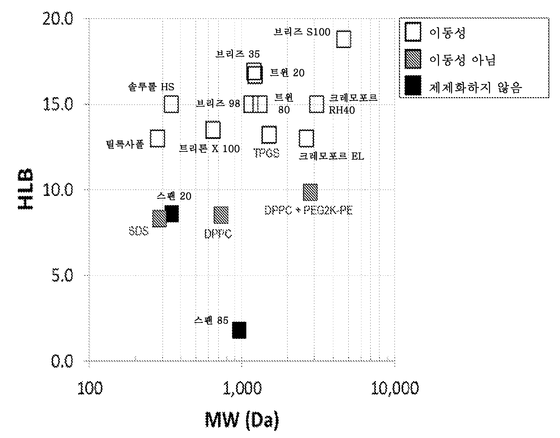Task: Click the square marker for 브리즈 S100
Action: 343,39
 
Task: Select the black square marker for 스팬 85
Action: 239,330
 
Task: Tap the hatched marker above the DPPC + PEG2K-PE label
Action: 310,192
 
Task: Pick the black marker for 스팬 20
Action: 172,214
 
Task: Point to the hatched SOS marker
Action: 159,219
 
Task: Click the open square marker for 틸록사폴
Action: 157,138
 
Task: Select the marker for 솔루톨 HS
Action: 171,104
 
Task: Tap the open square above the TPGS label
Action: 269,135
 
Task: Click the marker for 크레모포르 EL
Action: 306,138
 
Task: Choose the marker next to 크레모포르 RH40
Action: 317,104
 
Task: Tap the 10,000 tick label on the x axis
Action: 394,388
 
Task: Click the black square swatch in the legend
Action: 413,86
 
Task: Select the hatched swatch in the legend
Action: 413,59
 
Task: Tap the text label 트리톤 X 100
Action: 209,149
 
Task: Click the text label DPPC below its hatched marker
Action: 218,234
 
